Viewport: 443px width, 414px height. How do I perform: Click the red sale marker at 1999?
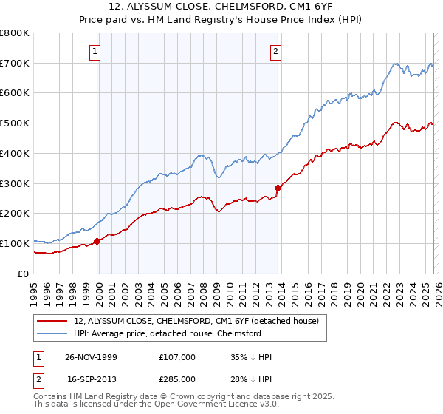tap(97, 240)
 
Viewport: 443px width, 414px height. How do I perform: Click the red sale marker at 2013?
tap(278, 187)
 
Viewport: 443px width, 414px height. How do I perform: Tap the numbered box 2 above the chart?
tap(275, 52)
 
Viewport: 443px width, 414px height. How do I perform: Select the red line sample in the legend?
tap(53, 321)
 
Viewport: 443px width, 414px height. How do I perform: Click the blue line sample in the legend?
tap(53, 333)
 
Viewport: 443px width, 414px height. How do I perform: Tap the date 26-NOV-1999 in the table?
tap(92, 357)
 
